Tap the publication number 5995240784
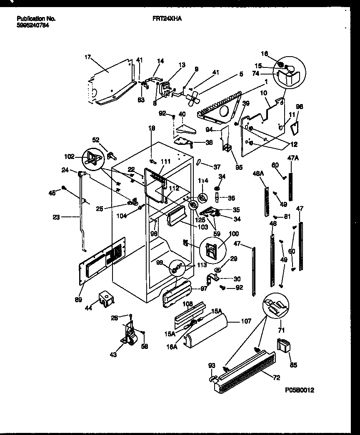click(32, 25)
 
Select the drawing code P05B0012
click(299, 390)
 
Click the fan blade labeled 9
click(193, 99)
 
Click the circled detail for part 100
click(212, 250)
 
